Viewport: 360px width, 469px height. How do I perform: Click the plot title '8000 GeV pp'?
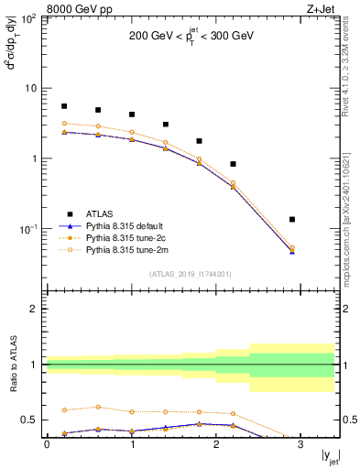click(77, 8)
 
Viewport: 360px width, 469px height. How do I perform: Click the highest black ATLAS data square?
click(64, 106)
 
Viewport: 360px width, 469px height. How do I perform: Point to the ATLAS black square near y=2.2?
click(234, 164)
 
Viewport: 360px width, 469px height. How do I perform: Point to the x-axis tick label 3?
click(300, 444)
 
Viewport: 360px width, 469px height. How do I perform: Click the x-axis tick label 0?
click(47, 444)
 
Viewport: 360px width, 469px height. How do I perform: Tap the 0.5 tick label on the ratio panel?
click(33, 420)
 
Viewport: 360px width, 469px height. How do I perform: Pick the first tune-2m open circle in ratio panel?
click(64, 410)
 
